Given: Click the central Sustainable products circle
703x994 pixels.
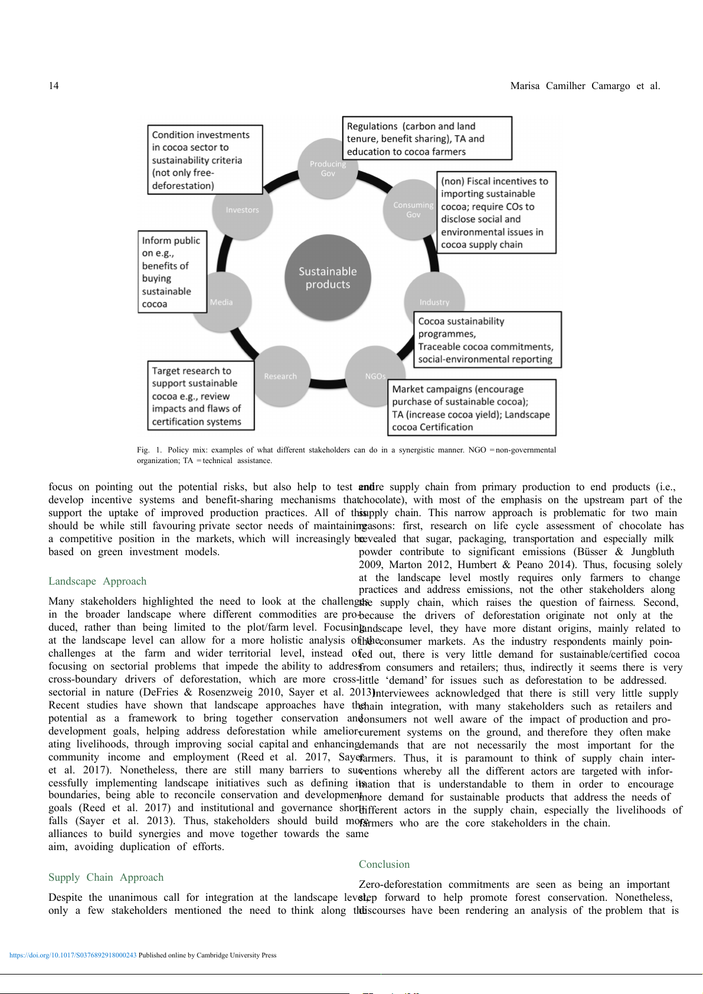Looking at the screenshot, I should (328, 278).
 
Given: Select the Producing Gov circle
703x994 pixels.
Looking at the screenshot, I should (328, 169).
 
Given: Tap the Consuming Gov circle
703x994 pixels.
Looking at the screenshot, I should (413, 210).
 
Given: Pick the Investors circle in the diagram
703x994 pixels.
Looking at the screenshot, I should (242, 210).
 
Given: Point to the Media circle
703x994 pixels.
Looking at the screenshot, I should (222, 302).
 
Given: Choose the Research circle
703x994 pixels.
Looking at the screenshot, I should (280, 376).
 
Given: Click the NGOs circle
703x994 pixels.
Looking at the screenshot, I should (375, 376).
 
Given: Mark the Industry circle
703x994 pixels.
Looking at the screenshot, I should (434, 302).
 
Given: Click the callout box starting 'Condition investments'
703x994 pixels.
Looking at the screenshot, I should (204, 160).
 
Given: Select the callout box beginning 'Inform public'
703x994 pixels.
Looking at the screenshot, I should (172, 272).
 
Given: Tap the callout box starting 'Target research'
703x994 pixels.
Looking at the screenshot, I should (201, 396).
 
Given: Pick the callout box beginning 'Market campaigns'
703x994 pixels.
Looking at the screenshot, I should (472, 408).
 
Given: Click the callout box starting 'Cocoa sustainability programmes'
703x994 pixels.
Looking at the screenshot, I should (487, 340).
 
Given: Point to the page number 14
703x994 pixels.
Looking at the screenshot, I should (54, 86).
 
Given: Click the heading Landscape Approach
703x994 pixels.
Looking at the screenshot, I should (97, 581).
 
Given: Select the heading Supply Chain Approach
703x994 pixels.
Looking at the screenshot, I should (106, 877).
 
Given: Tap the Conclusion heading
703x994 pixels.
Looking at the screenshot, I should (384, 864).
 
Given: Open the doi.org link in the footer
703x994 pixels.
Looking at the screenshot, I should (73, 955).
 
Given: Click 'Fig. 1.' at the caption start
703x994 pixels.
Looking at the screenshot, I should (149, 450).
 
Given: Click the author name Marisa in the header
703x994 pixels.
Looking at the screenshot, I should (525, 86).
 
